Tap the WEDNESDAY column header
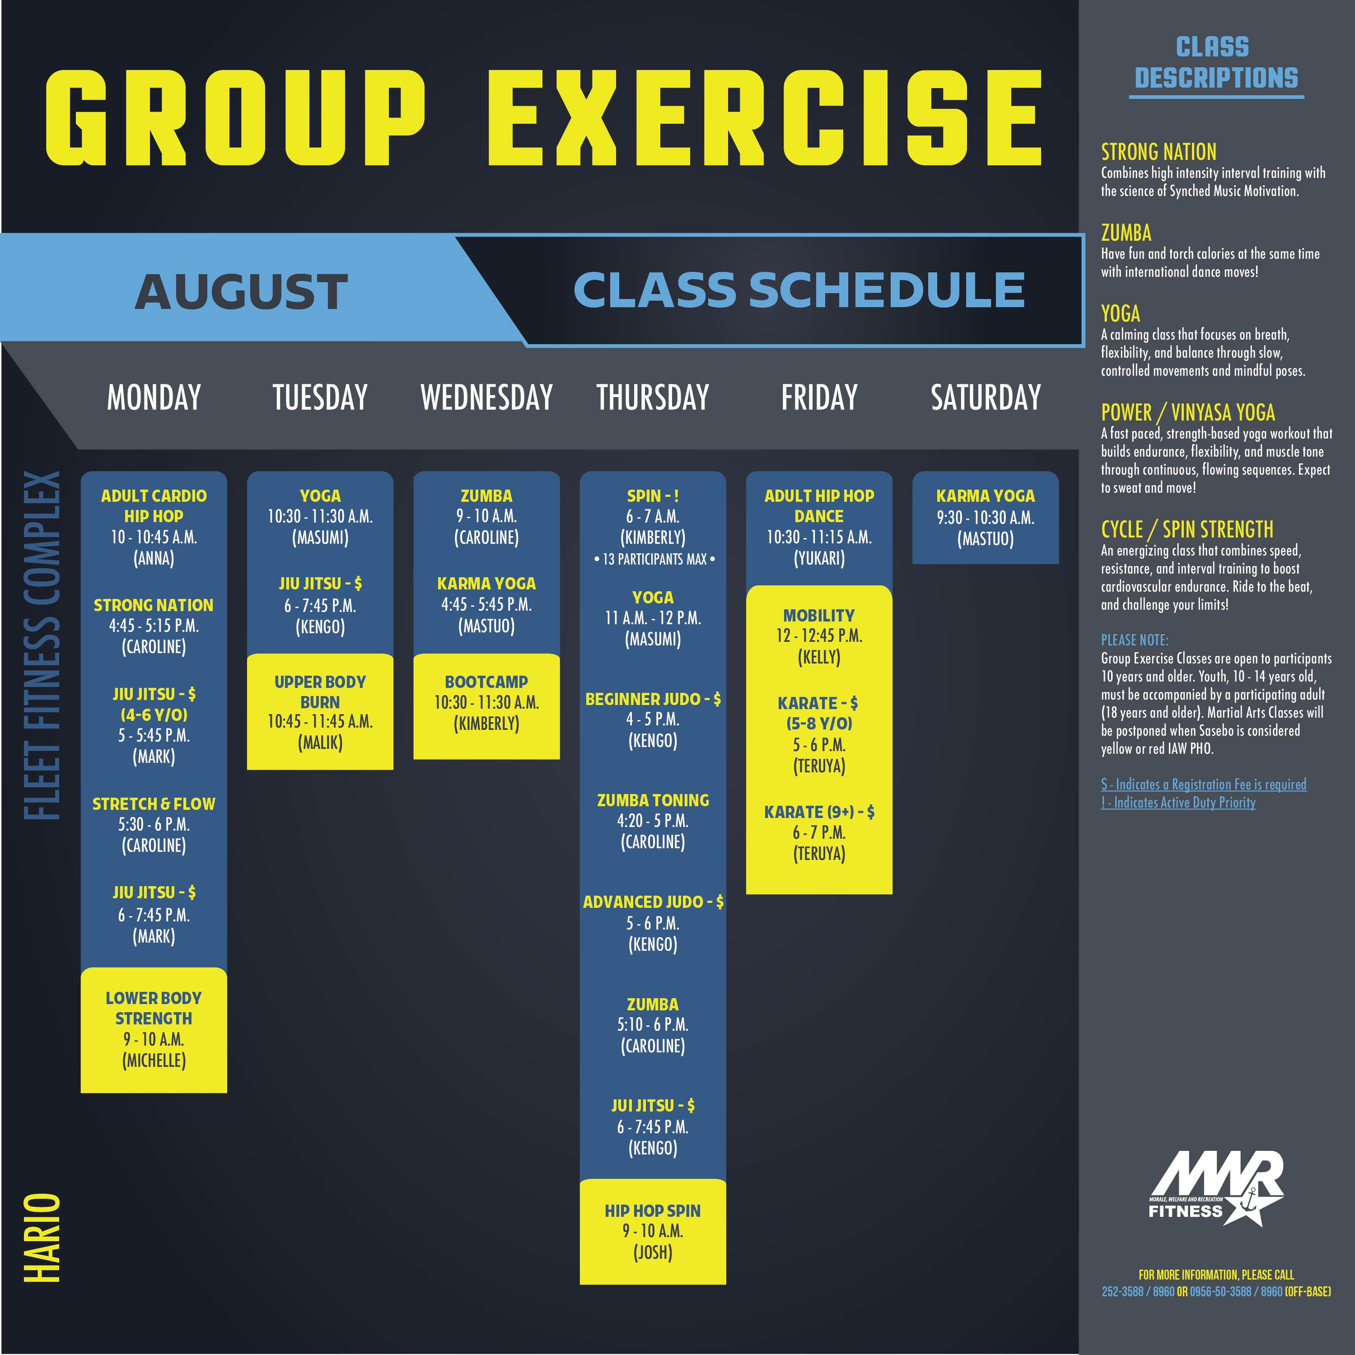point(487,397)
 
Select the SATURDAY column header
point(986,397)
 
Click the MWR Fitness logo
point(1216,1188)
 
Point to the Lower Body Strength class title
point(154,1008)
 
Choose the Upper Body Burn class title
point(320,692)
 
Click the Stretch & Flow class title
point(154,804)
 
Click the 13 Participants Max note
point(654,560)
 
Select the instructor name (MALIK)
point(320,743)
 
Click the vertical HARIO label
point(42,1238)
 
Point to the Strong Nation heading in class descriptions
point(1159,151)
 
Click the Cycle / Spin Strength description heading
point(1187,529)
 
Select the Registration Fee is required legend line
point(1204,784)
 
